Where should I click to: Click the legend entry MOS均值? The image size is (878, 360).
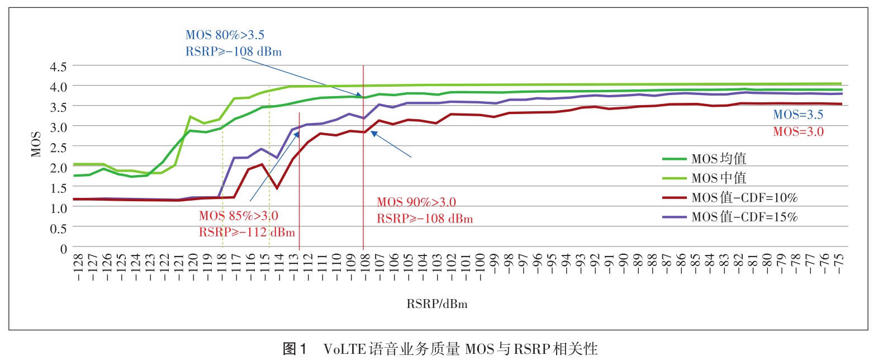(719, 159)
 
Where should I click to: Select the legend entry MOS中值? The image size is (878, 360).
(719, 178)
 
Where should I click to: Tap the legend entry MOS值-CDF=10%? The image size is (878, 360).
(744, 198)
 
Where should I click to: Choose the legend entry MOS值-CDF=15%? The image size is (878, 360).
(744, 217)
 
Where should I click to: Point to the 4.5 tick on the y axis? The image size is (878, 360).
(58, 67)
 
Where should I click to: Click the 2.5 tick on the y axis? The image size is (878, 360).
(58, 148)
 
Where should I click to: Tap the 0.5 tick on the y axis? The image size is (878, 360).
(58, 229)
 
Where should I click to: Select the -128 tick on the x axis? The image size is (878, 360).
(78, 267)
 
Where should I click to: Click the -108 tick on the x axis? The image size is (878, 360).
(364, 267)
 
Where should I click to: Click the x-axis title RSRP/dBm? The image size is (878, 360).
(436, 304)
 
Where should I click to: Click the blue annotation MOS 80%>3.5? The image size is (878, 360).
(225, 35)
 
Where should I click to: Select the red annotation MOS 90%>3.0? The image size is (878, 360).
(416, 202)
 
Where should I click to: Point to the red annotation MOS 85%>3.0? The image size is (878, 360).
(238, 216)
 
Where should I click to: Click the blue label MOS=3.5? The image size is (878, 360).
(798, 115)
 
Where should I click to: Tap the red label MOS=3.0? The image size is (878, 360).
(798, 132)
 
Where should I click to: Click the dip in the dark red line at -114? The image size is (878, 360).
(277, 188)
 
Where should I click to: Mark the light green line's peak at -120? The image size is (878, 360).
(191, 117)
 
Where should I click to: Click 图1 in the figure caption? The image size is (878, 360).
(295, 349)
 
